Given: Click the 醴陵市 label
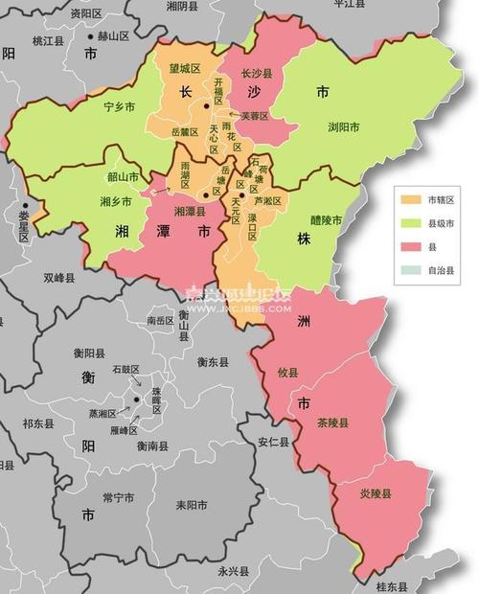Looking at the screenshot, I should click(326, 219).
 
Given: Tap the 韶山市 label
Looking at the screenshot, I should click(123, 177).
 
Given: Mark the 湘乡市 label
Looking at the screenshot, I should click(116, 201).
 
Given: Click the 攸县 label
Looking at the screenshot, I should click(287, 372).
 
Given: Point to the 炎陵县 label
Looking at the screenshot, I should click(376, 494).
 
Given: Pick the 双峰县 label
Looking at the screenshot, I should click(59, 278).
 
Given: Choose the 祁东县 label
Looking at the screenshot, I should click(38, 423).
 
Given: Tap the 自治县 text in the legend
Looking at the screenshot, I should click(442, 271).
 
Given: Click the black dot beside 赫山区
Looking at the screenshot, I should click(91, 36).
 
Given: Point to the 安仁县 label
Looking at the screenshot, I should click(273, 442).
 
